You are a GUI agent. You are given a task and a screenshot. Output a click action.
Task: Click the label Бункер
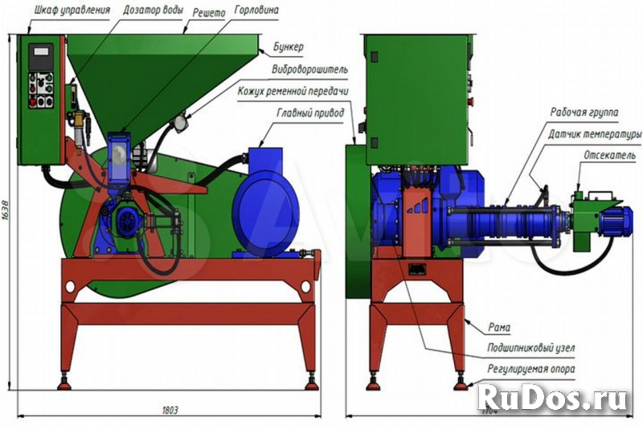[x=288, y=48]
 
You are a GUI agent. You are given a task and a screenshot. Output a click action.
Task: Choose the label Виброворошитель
[x=309, y=69]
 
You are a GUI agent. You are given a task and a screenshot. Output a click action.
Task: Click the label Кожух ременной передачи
[x=293, y=91]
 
